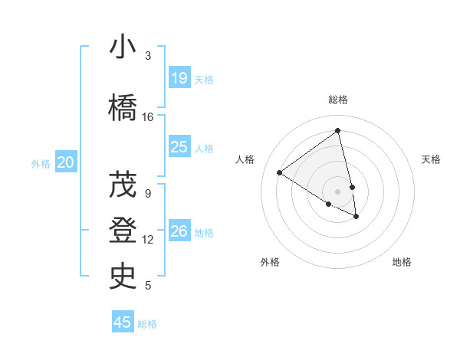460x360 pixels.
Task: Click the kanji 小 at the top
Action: click(123, 47)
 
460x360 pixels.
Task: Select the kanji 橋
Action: click(123, 108)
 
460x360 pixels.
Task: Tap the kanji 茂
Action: click(123, 185)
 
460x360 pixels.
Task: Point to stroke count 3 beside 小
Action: click(148, 56)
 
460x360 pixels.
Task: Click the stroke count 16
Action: click(148, 117)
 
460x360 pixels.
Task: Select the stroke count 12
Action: click(148, 240)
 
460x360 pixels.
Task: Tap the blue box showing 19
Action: click(179, 77)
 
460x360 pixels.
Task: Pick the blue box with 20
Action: click(66, 162)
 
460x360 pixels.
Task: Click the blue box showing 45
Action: click(123, 322)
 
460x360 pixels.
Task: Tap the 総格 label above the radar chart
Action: click(338, 100)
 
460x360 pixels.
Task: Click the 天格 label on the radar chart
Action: click(431, 159)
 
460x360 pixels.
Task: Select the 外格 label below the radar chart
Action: click(270, 262)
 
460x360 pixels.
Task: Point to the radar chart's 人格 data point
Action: click(280, 172)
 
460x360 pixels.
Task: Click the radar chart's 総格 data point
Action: click(338, 131)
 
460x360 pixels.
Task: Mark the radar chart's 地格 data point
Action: click(356, 217)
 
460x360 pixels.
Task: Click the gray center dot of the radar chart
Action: click(338, 191)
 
